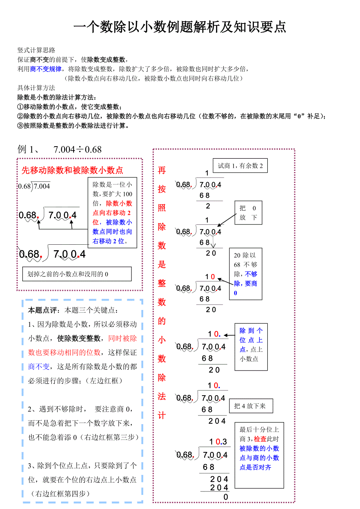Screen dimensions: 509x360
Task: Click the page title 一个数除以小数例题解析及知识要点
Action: point(180,27)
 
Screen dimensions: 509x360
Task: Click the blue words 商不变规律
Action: point(46,69)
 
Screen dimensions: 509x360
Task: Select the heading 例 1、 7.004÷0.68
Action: point(59,149)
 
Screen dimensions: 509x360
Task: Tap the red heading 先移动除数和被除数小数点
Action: point(72,170)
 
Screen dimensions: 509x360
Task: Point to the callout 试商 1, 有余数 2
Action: point(240,166)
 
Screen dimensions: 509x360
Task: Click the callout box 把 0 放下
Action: point(248,213)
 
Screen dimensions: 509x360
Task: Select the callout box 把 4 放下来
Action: point(250,406)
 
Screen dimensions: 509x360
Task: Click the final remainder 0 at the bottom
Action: point(225,497)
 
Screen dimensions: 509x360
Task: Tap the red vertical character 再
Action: point(162,170)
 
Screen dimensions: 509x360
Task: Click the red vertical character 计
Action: point(162,416)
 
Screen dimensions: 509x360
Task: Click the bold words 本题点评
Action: point(43,310)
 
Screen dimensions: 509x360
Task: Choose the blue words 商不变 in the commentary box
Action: point(39,366)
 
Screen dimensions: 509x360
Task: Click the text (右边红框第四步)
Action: point(60,494)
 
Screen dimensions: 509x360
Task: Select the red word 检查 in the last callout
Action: point(260,439)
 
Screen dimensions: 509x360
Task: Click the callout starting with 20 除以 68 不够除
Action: point(245,274)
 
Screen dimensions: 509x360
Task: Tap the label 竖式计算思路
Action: point(36,50)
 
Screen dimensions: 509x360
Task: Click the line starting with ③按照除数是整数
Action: point(74,125)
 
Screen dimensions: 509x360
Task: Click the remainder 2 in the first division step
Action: point(208,206)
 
